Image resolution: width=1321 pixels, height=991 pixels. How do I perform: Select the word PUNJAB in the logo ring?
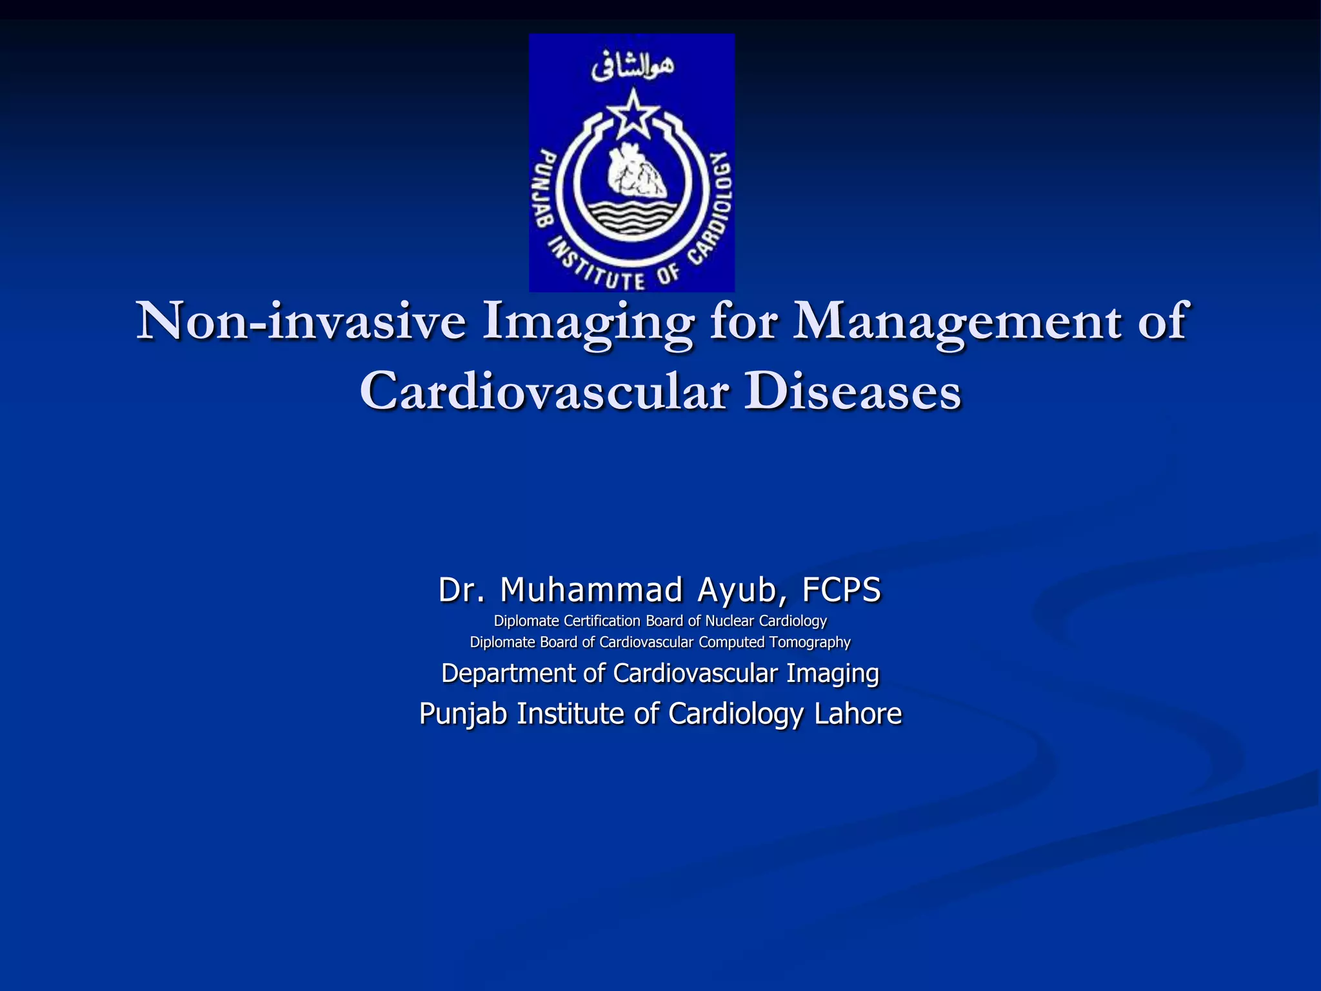[x=548, y=188]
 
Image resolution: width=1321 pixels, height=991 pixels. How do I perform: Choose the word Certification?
[x=602, y=621]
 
